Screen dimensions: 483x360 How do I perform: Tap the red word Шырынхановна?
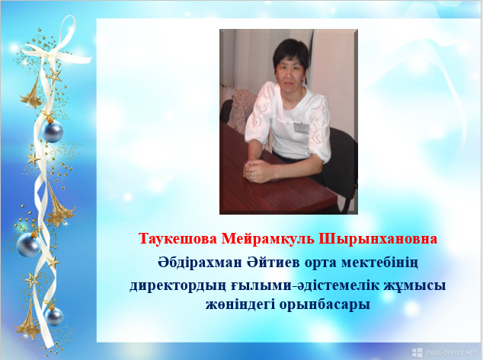pyautogui.click(x=378, y=239)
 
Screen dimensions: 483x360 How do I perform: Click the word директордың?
pyautogui.click(x=178, y=285)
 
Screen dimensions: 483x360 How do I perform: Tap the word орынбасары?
pyautogui.click(x=325, y=305)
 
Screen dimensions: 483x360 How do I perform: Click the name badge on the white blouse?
pyautogui.click(x=301, y=128)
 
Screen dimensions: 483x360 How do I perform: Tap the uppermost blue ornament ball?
pyautogui.click(x=53, y=131)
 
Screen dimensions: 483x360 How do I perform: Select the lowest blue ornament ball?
pyautogui.click(x=54, y=317)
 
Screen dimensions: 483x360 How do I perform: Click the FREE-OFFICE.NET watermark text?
pyautogui.click(x=452, y=352)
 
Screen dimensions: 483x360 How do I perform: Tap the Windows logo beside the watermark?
pyautogui.click(x=417, y=352)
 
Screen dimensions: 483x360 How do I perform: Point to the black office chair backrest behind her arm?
pyautogui.click(x=343, y=160)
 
